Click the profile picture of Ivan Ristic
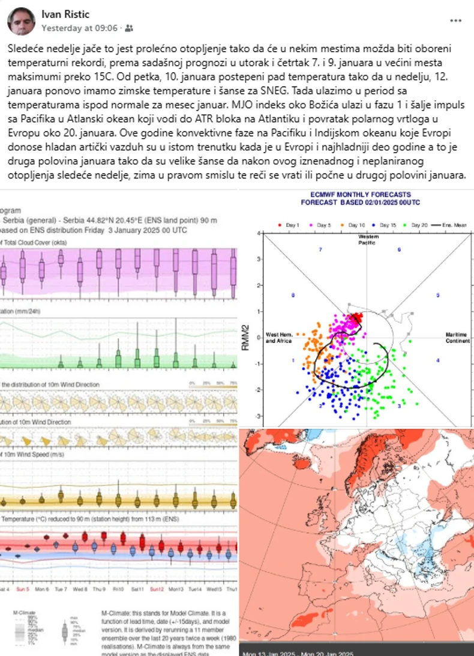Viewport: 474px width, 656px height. coord(21,21)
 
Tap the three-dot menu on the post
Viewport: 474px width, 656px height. coord(455,20)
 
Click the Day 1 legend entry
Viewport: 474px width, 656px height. coord(290,224)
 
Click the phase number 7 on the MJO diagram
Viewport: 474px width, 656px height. coord(320,249)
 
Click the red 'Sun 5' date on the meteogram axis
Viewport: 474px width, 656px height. coord(24,589)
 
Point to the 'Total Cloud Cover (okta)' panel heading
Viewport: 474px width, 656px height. coord(34,242)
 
